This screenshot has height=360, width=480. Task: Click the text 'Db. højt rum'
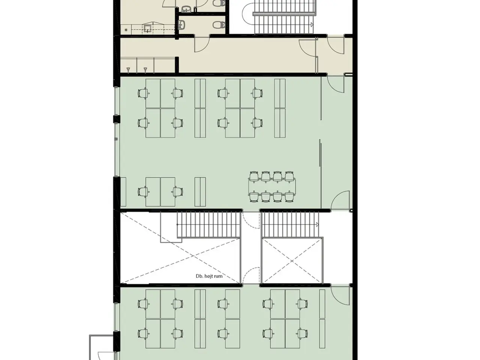coord(209,276)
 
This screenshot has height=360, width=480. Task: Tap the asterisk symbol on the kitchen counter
coord(126,30)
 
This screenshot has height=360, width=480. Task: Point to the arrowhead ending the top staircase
coord(312,25)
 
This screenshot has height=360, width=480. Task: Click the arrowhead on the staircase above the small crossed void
coord(317,225)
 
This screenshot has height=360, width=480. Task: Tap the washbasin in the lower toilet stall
coord(182,25)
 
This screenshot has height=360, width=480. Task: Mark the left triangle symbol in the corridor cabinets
coord(128,70)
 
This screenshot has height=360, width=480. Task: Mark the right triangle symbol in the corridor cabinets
coord(145,70)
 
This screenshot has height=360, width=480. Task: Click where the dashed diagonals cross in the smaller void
coord(292,261)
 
